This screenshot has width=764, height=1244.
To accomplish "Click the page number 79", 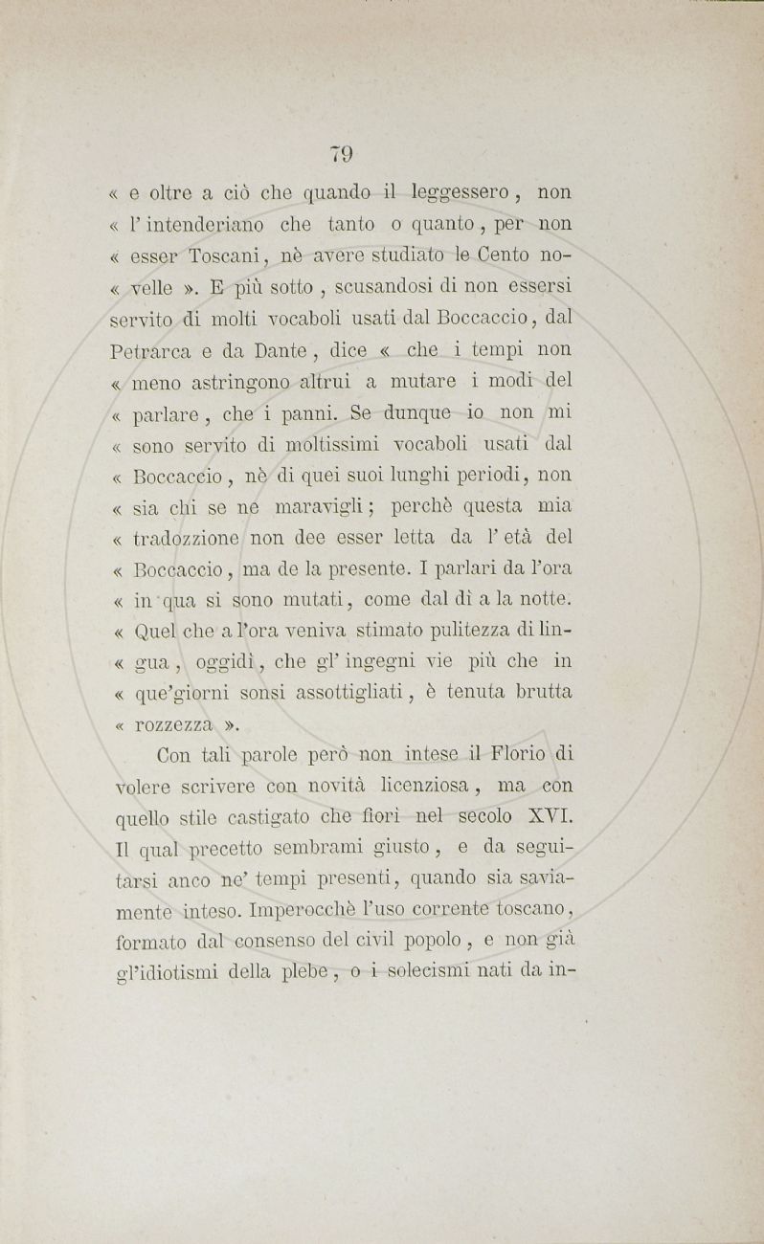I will point(342,153).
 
